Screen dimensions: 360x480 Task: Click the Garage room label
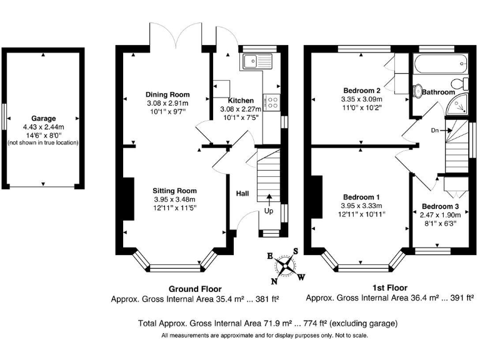(43, 118)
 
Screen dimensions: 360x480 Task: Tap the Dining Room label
(167, 95)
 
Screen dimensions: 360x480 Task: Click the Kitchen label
(241, 101)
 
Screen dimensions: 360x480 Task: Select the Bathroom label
(438, 92)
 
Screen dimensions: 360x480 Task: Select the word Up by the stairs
(269, 211)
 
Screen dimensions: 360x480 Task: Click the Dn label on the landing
(435, 131)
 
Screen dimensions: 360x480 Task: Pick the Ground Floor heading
(195, 289)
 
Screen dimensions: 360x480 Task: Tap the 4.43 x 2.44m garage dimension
(43, 126)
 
